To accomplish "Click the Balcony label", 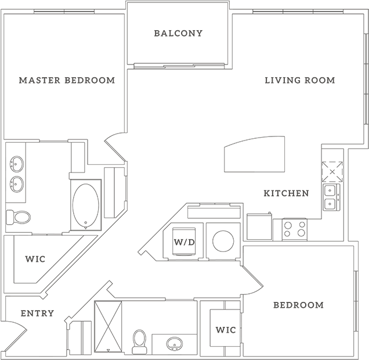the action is pyautogui.click(x=178, y=33).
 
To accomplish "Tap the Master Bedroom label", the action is pyautogui.click(x=67, y=80).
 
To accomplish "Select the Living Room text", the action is pyautogui.click(x=300, y=80).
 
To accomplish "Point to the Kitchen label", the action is pyautogui.click(x=286, y=193).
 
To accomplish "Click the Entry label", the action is pyautogui.click(x=37, y=314).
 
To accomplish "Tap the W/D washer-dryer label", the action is pyautogui.click(x=184, y=242).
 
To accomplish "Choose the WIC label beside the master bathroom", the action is pyautogui.click(x=35, y=259).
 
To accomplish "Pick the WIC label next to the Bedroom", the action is pyautogui.click(x=226, y=330).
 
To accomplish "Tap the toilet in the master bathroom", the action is pyautogui.click(x=19, y=217).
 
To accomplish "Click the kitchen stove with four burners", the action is pyautogui.click(x=295, y=229).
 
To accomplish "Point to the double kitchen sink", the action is pyautogui.click(x=331, y=197).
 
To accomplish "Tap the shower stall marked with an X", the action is pyautogui.click(x=108, y=327).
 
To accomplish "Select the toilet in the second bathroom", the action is pyautogui.click(x=140, y=341).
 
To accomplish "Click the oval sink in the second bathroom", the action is pyautogui.click(x=175, y=344).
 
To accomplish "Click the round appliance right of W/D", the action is pyautogui.click(x=223, y=241).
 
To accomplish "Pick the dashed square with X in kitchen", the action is pyautogui.click(x=332, y=172).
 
